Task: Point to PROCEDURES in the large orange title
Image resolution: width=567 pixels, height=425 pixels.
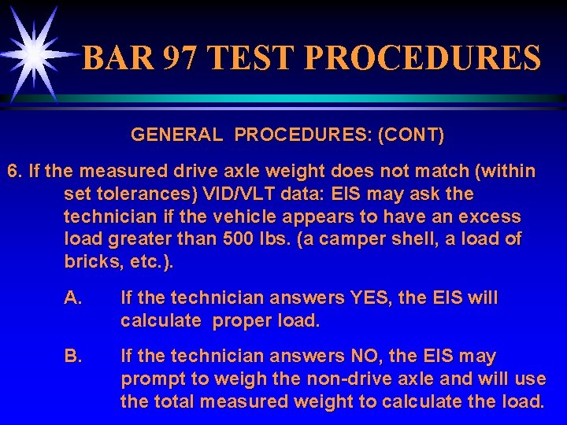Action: click(x=421, y=58)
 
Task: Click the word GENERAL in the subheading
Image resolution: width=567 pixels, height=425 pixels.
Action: click(x=176, y=135)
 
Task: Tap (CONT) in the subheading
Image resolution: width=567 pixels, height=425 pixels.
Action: click(x=411, y=135)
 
